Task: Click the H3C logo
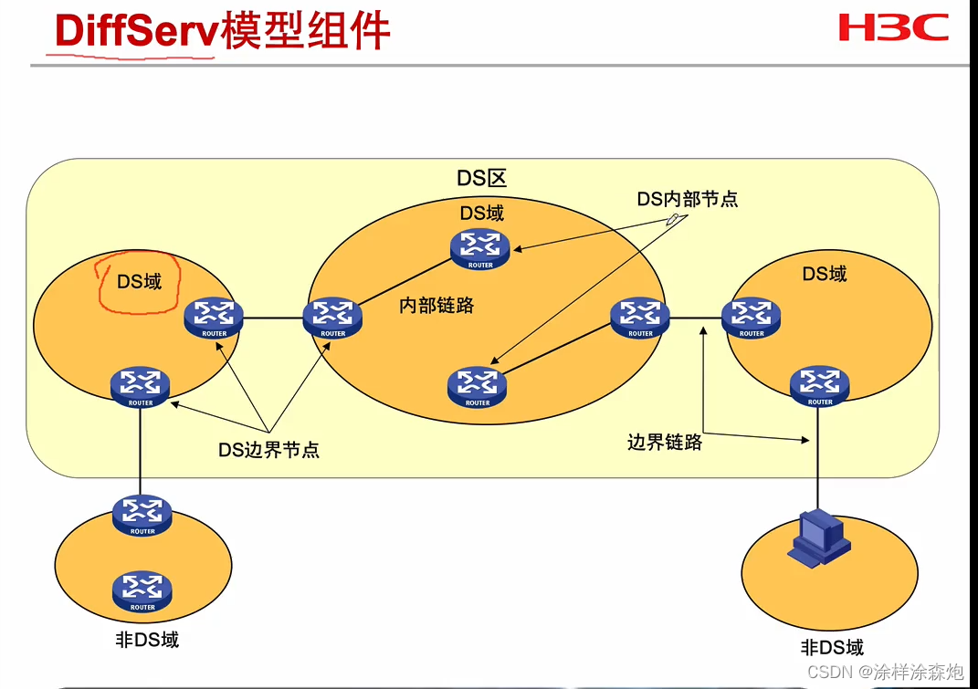pos(893,27)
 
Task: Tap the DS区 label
pos(481,177)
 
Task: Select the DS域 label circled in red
pos(139,281)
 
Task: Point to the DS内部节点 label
pos(687,199)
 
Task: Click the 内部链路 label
pos(436,306)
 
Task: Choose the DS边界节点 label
pos(268,449)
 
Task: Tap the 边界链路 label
pos(665,443)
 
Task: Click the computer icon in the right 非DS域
pos(819,536)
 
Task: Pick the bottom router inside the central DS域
pos(477,385)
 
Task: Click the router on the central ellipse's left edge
pos(332,316)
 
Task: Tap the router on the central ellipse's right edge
pos(640,316)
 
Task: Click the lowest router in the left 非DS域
pos(142,590)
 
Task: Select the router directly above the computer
pos(819,384)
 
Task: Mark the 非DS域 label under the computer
pos(832,648)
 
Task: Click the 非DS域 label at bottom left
pos(147,640)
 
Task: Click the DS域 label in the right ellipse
pos(824,274)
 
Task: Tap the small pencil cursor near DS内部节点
pos(674,219)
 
